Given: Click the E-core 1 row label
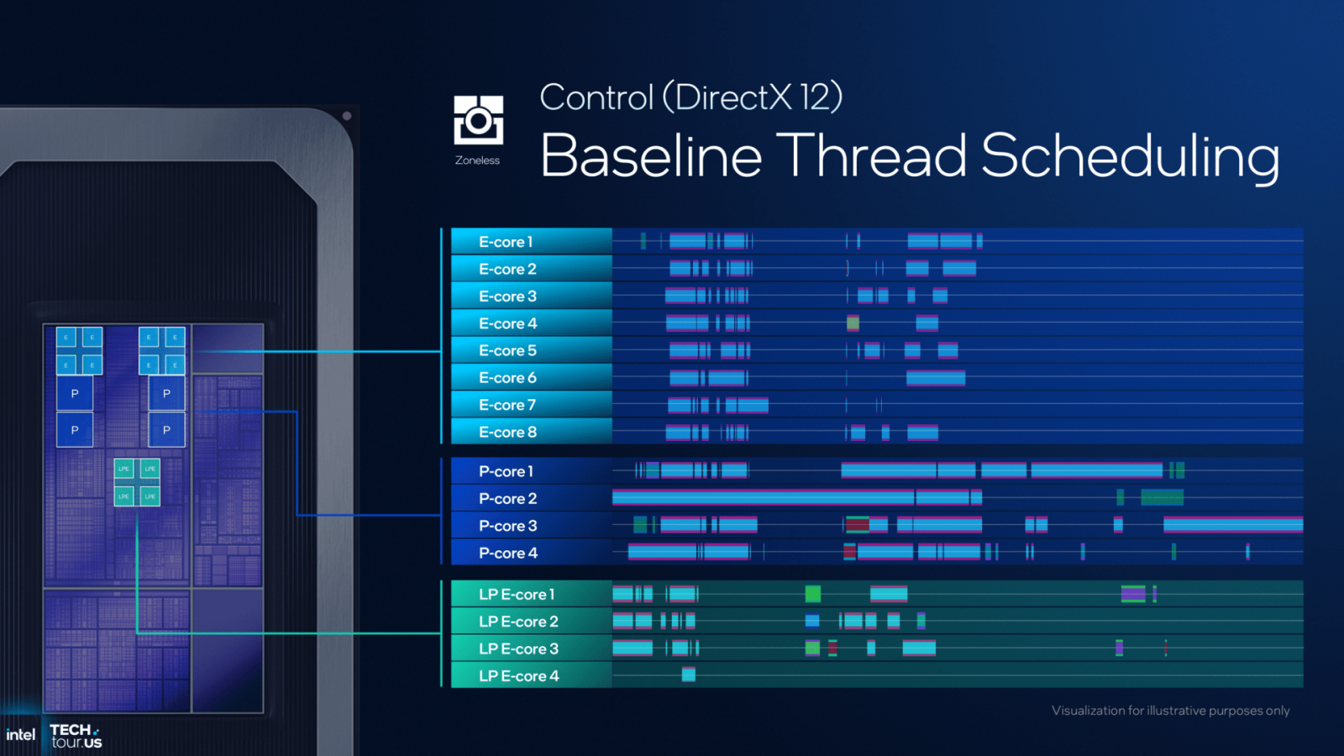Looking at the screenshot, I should (x=506, y=242).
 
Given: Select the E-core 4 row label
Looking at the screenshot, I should (x=507, y=323).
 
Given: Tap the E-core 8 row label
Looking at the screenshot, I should (x=507, y=432).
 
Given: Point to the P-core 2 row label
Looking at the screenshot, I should (x=507, y=498).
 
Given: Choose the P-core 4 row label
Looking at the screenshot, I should (x=507, y=553).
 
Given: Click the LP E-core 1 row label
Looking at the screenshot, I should (x=517, y=594).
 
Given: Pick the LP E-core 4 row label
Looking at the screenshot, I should (x=518, y=675).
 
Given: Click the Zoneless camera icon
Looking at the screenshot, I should (x=478, y=120).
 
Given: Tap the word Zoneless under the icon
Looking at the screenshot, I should (x=477, y=160).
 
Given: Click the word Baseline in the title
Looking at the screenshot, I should (x=651, y=156).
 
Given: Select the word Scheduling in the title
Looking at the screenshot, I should (x=1130, y=156).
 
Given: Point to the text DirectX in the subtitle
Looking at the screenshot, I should (x=732, y=97).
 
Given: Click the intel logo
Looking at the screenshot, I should (x=20, y=735).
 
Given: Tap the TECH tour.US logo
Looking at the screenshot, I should (x=76, y=736).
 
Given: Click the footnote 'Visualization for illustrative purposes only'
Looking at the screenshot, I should (x=1170, y=711).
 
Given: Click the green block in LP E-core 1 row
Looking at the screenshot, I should (x=812, y=594).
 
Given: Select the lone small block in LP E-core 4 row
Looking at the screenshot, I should (x=689, y=675).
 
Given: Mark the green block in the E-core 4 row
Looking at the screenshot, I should (x=853, y=323).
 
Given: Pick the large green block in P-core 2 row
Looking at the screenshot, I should (x=1162, y=498).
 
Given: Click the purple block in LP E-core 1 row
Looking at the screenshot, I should (x=1133, y=594).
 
